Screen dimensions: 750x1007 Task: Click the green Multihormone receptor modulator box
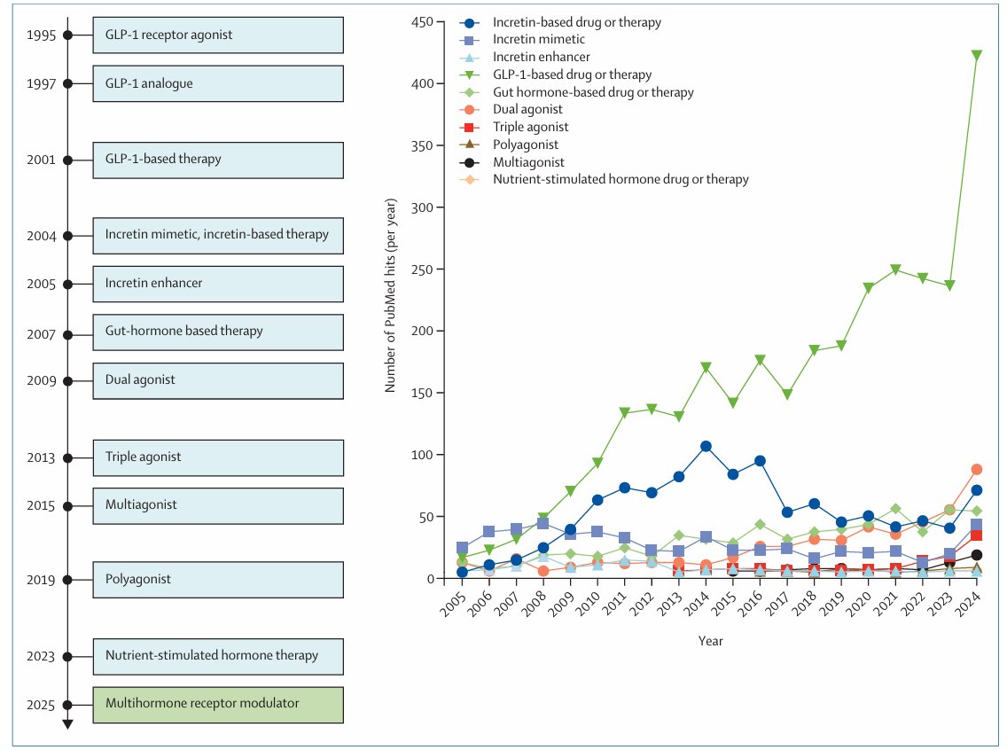click(217, 704)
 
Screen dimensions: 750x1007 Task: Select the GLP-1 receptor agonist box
click(217, 35)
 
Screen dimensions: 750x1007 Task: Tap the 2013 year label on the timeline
click(42, 458)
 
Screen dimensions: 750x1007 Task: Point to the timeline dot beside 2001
click(67, 160)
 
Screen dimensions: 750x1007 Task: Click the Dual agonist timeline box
click(217, 380)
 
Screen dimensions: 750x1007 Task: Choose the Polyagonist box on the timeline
click(217, 580)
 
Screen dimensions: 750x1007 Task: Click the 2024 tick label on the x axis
click(970, 605)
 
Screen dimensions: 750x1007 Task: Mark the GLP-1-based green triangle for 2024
click(976, 56)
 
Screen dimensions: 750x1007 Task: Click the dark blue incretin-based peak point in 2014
click(706, 446)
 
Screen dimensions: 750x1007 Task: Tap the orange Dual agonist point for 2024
click(976, 469)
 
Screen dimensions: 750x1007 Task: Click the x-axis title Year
click(710, 640)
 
